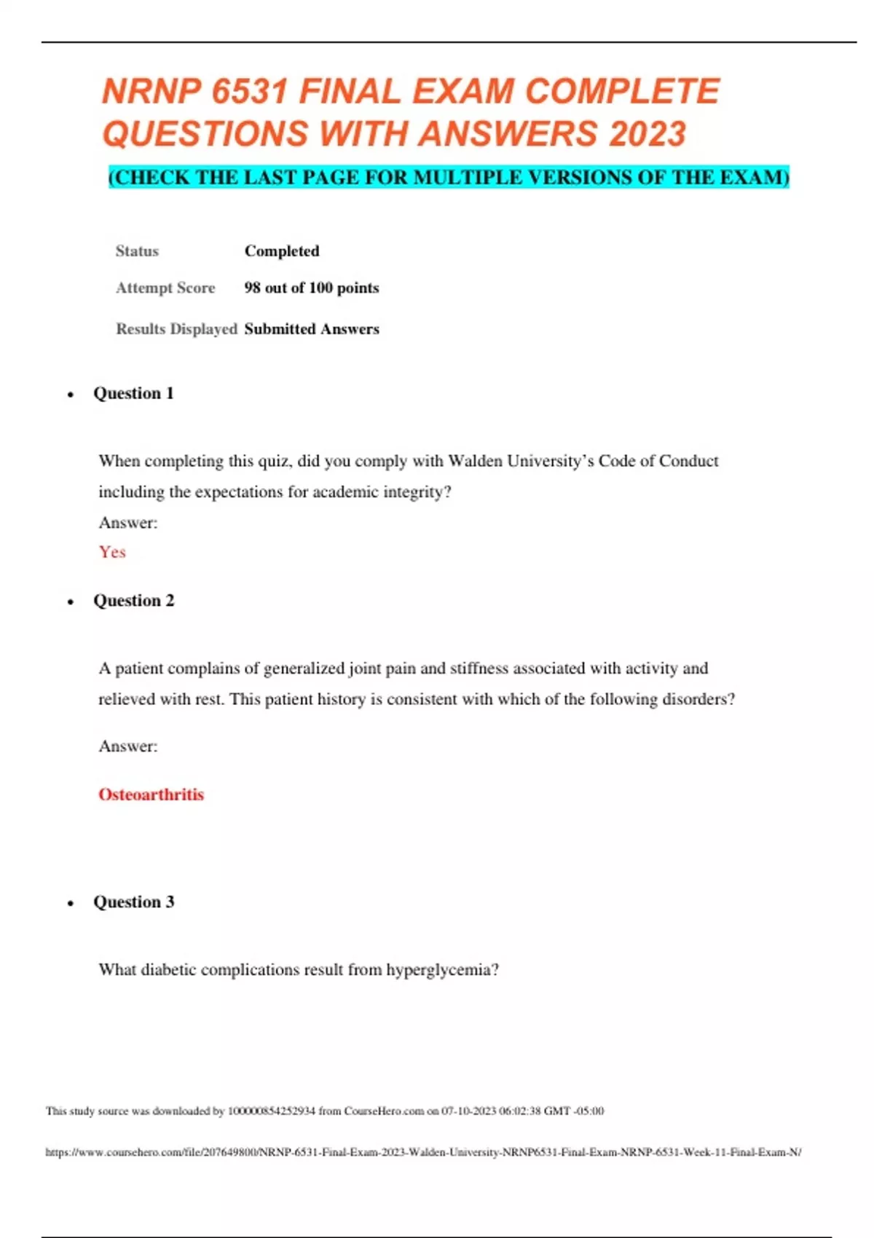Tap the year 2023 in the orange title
coord(647,134)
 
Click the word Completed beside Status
coord(282,251)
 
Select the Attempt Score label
coord(165,288)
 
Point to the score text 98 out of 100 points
coord(312,288)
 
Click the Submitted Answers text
coord(312,329)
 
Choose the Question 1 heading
coord(133,393)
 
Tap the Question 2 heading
coord(133,601)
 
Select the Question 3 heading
coord(133,902)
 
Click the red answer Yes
coord(112,552)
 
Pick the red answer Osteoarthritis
coord(151,795)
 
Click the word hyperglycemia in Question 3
coord(442,970)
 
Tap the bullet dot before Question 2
coord(71,602)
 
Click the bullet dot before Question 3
coord(71,904)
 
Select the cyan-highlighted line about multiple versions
coord(449,178)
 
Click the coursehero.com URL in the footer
coord(423,1152)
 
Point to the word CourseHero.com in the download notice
coord(384,1111)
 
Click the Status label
coord(137,251)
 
